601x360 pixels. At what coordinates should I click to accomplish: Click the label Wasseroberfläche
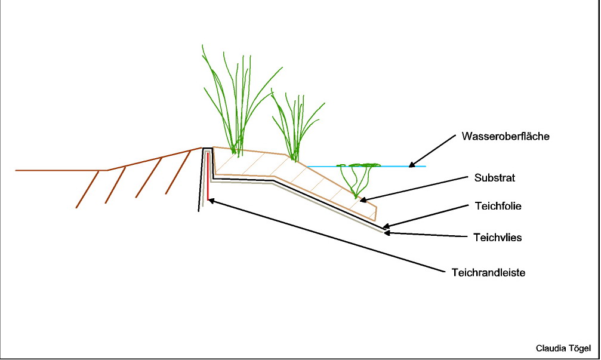[x=505, y=137]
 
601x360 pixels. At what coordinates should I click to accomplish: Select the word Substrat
[x=494, y=178]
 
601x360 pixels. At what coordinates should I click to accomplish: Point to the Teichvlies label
[x=498, y=237]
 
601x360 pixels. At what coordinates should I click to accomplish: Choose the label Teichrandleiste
[x=488, y=272]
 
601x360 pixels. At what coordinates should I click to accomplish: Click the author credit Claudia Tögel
[x=563, y=348]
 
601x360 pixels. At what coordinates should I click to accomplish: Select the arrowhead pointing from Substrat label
[x=362, y=199]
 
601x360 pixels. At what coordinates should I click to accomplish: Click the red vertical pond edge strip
[x=208, y=179]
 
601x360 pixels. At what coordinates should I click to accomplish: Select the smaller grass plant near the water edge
[x=295, y=125]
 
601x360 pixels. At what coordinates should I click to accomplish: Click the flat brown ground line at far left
[x=60, y=170]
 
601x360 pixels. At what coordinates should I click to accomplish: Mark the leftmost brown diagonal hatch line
[x=87, y=189]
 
